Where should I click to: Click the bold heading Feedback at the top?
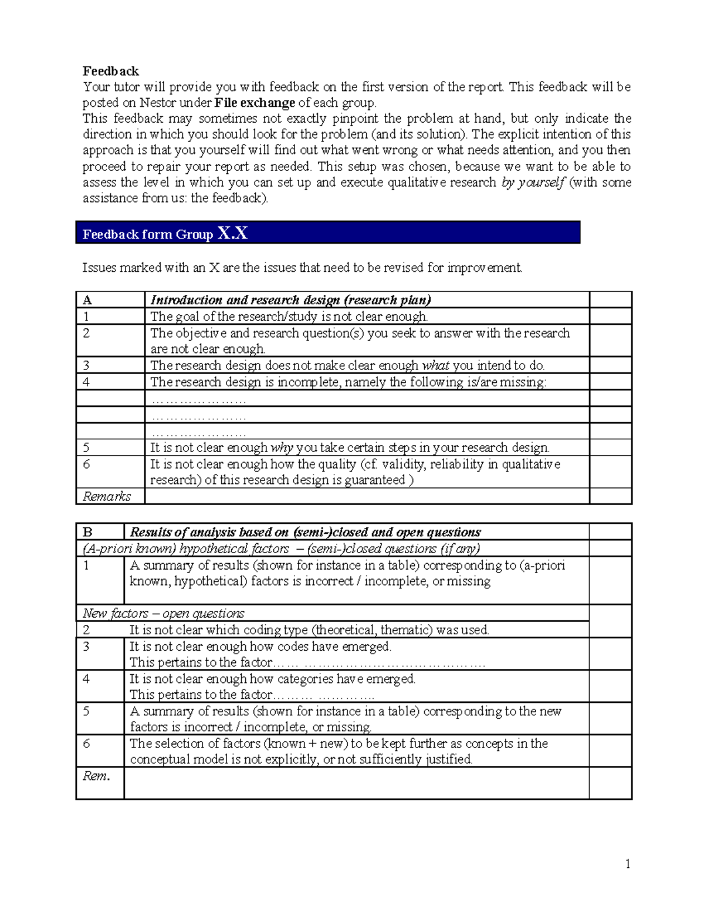coord(110,71)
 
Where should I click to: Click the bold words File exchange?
coord(255,103)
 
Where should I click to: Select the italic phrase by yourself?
coord(533,182)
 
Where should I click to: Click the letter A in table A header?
coord(87,300)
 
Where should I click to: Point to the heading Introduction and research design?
coord(290,300)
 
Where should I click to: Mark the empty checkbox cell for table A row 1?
coord(610,317)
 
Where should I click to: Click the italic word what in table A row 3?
coord(435,365)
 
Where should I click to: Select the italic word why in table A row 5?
coord(282,447)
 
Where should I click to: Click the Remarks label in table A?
coord(107,496)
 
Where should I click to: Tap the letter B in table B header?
coord(87,532)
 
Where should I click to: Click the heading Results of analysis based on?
coord(305,532)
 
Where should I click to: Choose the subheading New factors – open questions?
coord(164,613)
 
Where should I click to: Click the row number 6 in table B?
coord(86,743)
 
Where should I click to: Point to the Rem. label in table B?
coord(96,776)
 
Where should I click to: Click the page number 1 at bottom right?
coord(628,863)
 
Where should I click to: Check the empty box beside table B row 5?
coord(610,719)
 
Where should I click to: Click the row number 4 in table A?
coord(86,382)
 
